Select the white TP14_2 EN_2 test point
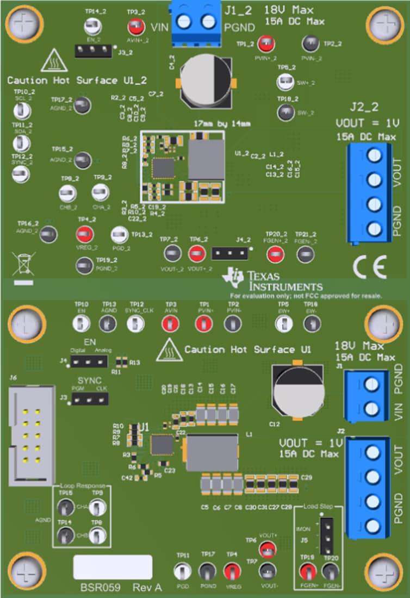[90, 27]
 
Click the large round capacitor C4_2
[207, 82]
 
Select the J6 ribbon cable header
[31, 432]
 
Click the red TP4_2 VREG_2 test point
[84, 234]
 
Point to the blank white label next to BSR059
[113, 567]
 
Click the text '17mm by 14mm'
[222, 124]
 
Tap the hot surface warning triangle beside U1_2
[54, 59]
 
